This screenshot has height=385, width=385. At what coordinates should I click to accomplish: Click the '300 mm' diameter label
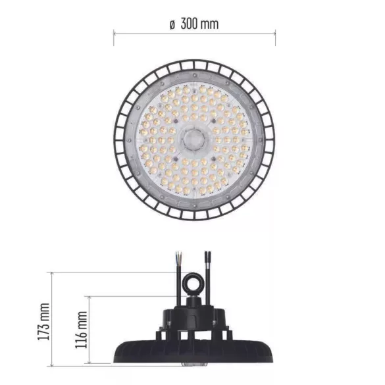[x=200, y=24]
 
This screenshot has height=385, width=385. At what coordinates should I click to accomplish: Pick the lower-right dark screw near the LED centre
[x=215, y=159]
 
